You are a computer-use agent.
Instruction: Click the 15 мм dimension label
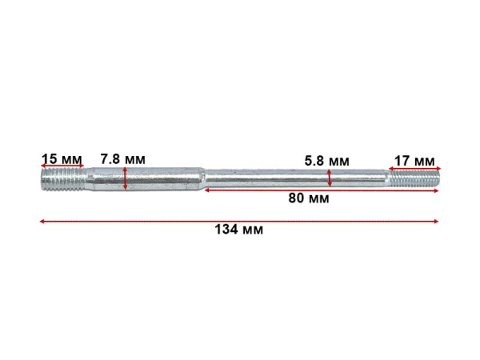(x=62, y=159)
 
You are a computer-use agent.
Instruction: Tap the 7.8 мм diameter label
(x=122, y=159)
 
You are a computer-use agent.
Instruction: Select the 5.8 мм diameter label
(x=327, y=161)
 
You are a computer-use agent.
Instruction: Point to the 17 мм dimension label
(x=414, y=161)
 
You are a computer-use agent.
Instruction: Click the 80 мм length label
(x=309, y=198)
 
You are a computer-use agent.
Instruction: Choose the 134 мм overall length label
(x=238, y=230)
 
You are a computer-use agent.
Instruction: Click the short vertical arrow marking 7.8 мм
(x=125, y=178)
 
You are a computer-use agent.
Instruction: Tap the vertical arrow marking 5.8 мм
(x=330, y=178)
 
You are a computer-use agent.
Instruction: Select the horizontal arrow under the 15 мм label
(x=62, y=166)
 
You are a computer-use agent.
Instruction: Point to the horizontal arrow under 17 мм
(x=414, y=168)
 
